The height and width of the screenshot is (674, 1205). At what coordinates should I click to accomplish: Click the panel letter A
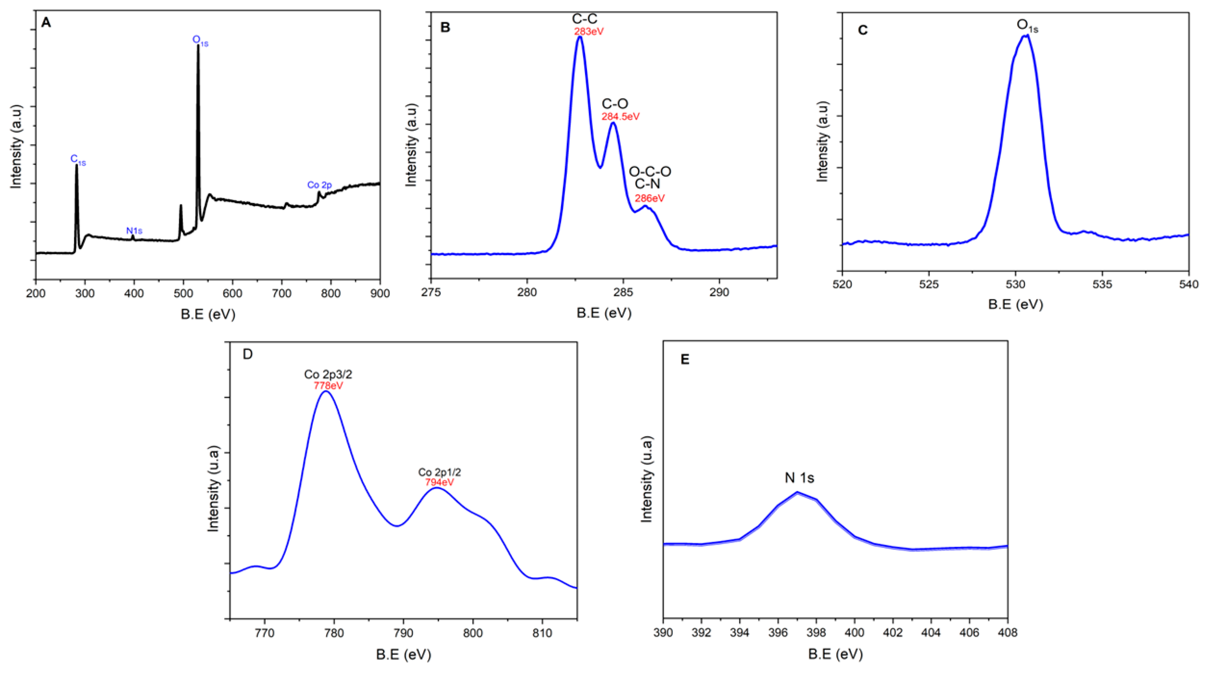tap(46, 22)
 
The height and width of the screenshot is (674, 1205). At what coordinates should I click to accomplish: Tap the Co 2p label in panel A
tap(319, 185)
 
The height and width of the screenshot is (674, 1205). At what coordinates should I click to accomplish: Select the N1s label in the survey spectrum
tap(134, 231)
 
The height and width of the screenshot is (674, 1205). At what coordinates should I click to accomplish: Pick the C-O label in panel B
tap(615, 104)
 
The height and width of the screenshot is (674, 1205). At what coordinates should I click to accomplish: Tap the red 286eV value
tap(649, 198)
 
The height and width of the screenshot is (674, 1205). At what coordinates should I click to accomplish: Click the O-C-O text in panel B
tap(650, 172)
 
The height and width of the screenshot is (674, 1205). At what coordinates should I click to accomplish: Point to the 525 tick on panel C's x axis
tap(929, 284)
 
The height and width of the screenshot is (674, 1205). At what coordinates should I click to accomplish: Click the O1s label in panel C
tap(1027, 26)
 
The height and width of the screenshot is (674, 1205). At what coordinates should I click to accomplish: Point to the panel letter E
tap(684, 360)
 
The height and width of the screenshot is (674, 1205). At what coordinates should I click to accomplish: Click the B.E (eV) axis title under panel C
tap(1015, 304)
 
